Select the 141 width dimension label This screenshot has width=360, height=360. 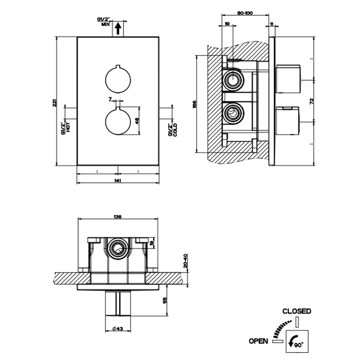pyautogui.click(x=118, y=181)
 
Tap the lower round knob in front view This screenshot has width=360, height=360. pyautogui.click(x=118, y=121)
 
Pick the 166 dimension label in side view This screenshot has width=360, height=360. pyautogui.click(x=194, y=104)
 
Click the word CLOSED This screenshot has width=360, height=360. pyautogui.click(x=297, y=311)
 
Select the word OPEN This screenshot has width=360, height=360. pyautogui.click(x=258, y=340)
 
